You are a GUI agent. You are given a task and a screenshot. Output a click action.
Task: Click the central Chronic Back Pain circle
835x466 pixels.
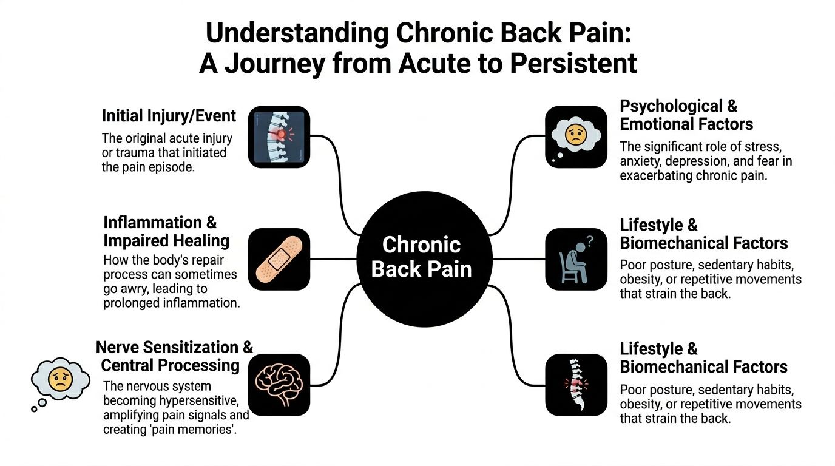(x=421, y=258)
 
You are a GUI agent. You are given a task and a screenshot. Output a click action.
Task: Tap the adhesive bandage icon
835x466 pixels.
(x=279, y=259)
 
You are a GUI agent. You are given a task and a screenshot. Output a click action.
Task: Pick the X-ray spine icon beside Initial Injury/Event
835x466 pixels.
(x=279, y=137)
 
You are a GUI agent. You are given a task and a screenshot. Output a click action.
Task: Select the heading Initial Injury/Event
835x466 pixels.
(x=169, y=115)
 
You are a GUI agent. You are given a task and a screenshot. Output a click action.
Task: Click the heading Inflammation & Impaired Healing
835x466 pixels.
(x=166, y=231)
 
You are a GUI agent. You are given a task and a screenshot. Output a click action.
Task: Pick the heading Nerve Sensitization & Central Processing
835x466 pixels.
(x=174, y=356)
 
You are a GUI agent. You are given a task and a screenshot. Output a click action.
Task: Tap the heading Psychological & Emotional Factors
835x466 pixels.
(x=686, y=115)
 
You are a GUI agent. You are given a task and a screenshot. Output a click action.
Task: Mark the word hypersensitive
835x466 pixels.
(x=200, y=400)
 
